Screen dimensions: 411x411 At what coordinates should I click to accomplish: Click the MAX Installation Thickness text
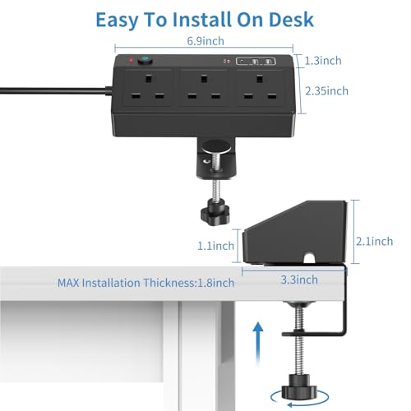tap(145, 283)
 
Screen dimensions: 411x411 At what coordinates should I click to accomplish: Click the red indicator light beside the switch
tap(130, 61)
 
